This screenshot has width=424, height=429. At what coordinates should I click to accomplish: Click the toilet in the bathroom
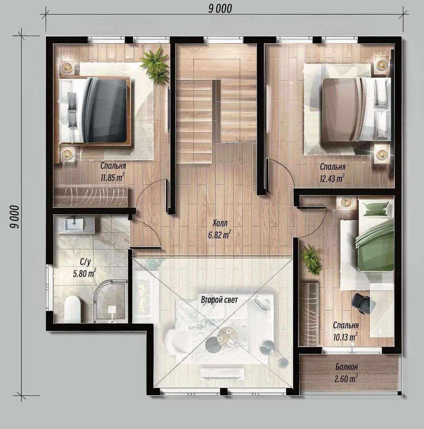[73, 309]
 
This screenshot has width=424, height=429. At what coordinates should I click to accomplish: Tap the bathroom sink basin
[74, 224]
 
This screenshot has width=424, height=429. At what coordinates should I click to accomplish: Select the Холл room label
[220, 223]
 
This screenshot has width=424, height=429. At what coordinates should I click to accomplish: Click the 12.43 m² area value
[332, 178]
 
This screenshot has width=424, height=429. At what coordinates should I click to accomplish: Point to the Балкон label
[347, 367]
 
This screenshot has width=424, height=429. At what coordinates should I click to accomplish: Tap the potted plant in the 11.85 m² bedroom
[155, 64]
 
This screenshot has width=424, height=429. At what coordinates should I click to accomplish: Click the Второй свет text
[219, 300]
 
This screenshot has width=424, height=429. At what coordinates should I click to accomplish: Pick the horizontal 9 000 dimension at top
[220, 9]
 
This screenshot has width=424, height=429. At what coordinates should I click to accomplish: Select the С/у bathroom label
[85, 262]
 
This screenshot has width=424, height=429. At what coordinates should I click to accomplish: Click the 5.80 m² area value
[85, 273]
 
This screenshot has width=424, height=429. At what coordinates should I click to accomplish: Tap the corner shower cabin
[110, 301]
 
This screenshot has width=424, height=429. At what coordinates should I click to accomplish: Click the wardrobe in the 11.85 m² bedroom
[91, 196]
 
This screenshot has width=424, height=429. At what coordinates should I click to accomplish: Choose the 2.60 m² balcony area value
[346, 379]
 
